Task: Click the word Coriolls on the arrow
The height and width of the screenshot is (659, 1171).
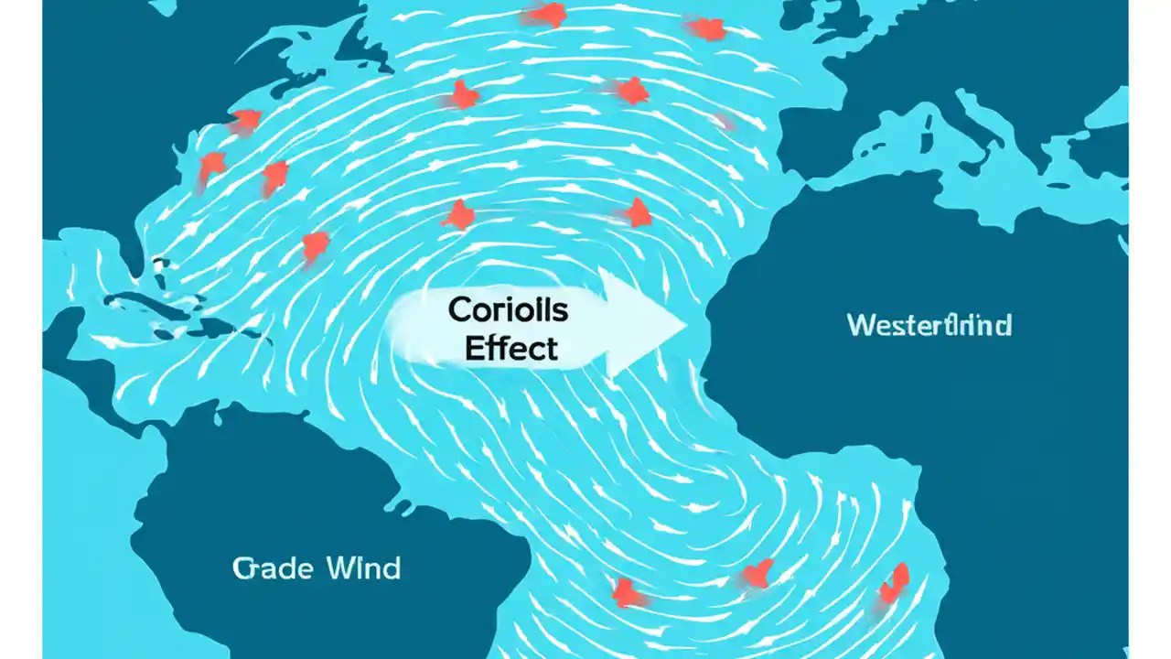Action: coord(508,310)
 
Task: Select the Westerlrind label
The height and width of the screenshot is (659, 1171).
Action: coord(929,325)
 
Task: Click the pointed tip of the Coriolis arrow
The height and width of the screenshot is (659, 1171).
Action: coord(686,324)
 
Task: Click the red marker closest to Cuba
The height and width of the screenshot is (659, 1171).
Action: coord(315,244)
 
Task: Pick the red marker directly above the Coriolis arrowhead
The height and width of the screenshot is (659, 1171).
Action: coord(637,212)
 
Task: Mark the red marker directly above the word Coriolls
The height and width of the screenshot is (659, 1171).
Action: coord(459,215)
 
